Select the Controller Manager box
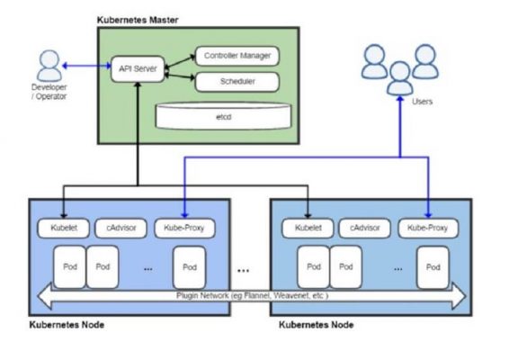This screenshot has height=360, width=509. point(235,56)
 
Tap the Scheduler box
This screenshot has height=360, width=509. point(235,82)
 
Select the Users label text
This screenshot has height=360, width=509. point(422,102)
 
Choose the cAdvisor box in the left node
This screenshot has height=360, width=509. point(120,228)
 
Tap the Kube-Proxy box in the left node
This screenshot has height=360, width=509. point(183,228)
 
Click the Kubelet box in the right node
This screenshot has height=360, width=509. point(304,228)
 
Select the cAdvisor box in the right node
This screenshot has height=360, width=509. point(366,228)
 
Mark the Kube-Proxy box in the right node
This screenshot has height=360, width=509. point(427,228)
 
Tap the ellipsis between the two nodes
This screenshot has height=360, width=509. point(244,268)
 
